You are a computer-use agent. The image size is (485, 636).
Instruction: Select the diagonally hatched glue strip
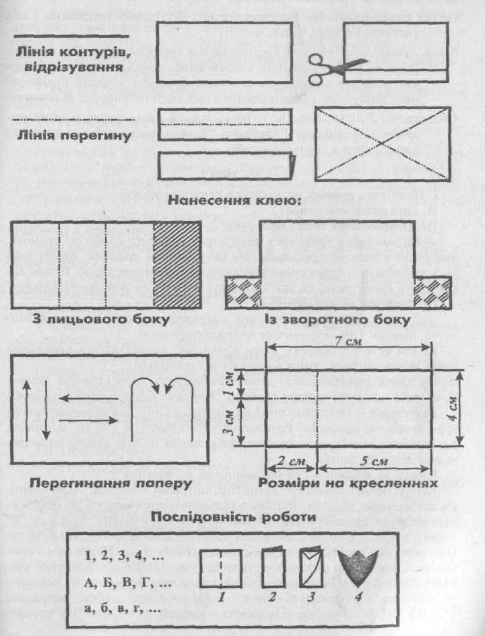(x=177, y=263)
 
